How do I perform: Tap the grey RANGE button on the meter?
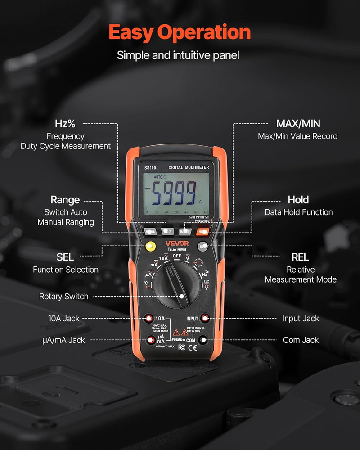pyautogui.click(x=150, y=232)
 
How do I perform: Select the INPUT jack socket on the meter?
pyautogui.click(x=205, y=319)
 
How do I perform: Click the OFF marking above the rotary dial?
pyautogui.click(x=177, y=255)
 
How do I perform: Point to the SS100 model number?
pyautogui.click(x=150, y=168)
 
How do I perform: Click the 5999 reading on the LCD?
pyautogui.click(x=173, y=193)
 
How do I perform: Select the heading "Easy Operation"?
pyautogui.click(x=180, y=32)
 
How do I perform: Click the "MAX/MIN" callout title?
pyautogui.click(x=298, y=124)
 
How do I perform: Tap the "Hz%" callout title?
pyautogui.click(x=65, y=124)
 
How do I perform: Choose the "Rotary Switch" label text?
pyautogui.click(x=64, y=297)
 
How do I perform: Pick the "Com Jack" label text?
pyautogui.click(x=301, y=340)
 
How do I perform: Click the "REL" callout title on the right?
pyautogui.click(x=300, y=257)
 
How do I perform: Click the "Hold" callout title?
pyautogui.click(x=298, y=200)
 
